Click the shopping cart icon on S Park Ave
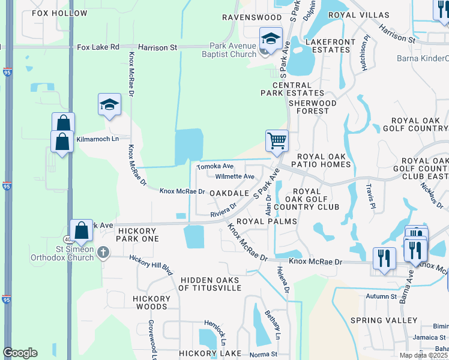277,141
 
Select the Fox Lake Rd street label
98,46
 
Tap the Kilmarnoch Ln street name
98,139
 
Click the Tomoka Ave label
215,166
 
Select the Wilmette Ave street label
235,177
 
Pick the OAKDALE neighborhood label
229,193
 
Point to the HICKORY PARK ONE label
130,235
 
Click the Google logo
20,353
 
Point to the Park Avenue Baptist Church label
234,50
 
